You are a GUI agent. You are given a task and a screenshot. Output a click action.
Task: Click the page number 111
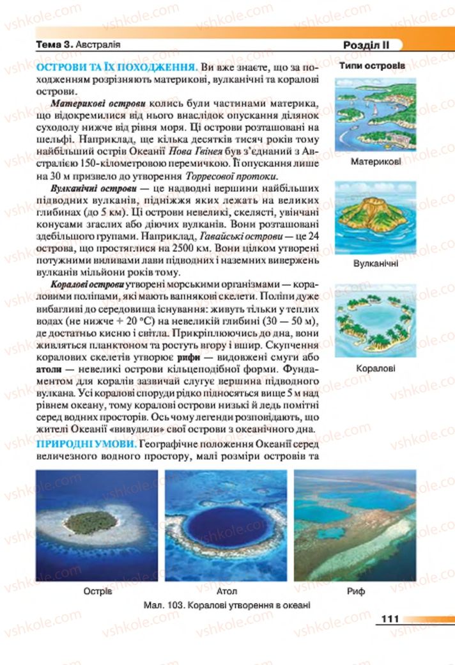click(389, 619)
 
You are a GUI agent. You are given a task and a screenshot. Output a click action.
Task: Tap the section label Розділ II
click(366, 45)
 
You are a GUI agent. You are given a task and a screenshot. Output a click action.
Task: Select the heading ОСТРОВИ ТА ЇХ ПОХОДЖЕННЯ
click(116, 67)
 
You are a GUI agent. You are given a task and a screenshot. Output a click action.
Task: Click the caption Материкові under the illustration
click(376, 162)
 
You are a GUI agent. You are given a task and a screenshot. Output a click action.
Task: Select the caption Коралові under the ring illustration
click(376, 368)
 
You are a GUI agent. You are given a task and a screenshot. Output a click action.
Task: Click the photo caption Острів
click(97, 591)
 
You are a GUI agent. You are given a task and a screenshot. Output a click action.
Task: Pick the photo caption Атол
click(227, 591)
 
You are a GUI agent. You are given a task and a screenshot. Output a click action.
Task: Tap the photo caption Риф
click(355, 591)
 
